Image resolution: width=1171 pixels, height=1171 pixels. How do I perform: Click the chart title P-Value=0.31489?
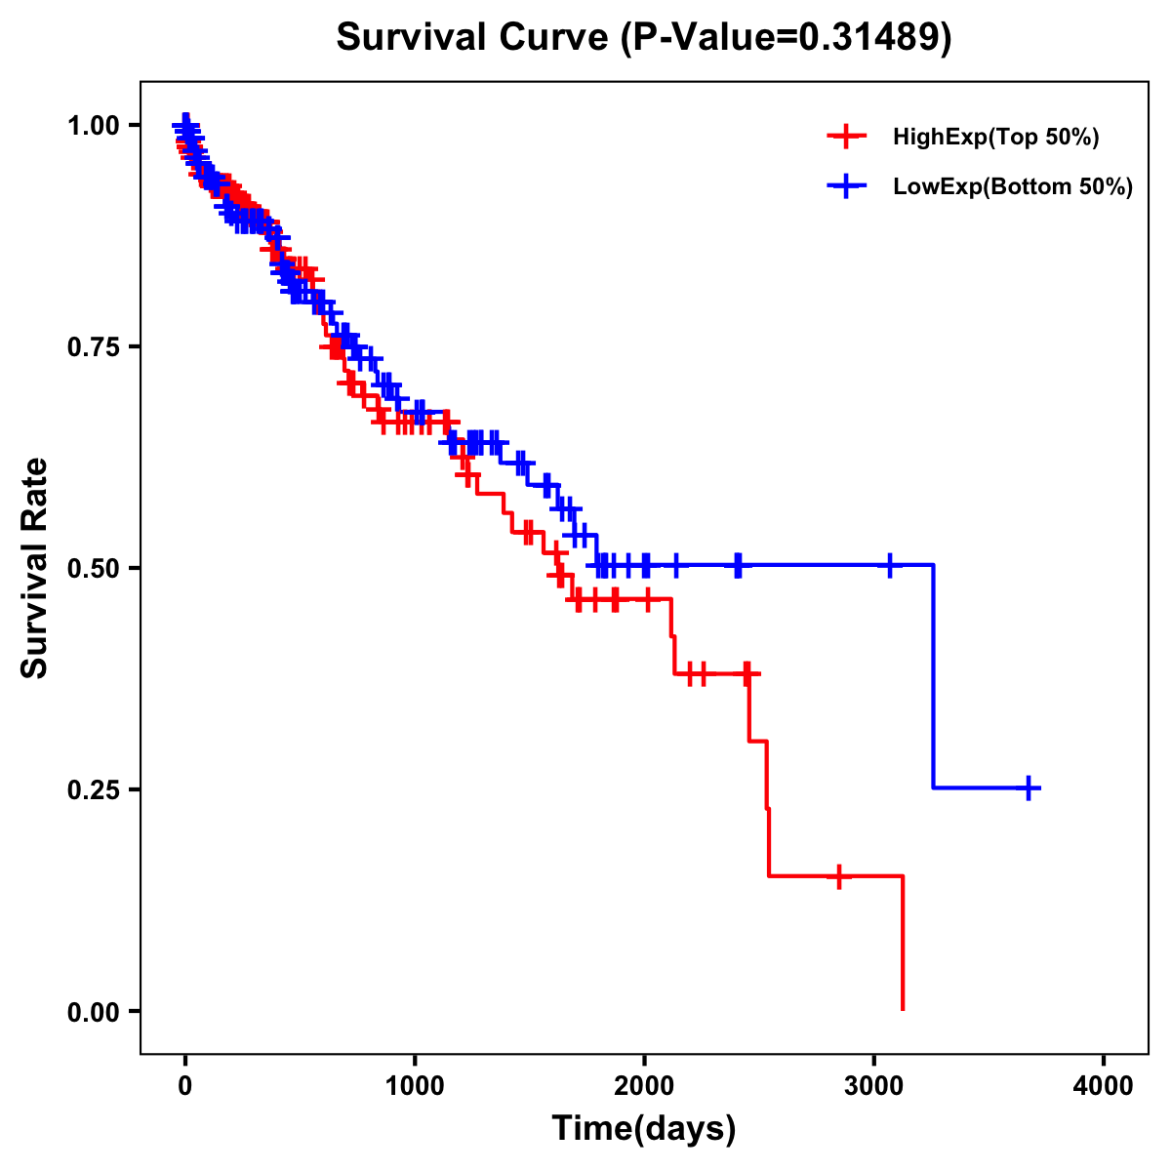pyautogui.click(x=643, y=37)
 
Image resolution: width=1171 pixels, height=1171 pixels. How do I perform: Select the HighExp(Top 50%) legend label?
pyautogui.click(x=995, y=138)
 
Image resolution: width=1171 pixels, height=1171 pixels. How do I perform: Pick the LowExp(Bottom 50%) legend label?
pyautogui.click(x=1012, y=187)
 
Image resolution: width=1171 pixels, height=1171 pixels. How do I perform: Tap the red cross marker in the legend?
pyautogui.click(x=847, y=138)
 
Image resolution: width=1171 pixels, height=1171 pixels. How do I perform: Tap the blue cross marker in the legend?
pyautogui.click(x=847, y=186)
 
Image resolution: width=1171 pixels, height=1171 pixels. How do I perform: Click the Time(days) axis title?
pyautogui.click(x=644, y=1129)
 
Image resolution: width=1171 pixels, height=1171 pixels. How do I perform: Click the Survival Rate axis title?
pyautogui.click(x=35, y=568)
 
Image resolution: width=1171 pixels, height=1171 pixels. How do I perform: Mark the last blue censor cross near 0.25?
pyautogui.click(x=1029, y=787)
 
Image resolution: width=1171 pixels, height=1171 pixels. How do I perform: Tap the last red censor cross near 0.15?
pyautogui.click(x=838, y=876)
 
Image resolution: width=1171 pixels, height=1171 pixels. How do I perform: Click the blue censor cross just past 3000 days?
pyautogui.click(x=889, y=565)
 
